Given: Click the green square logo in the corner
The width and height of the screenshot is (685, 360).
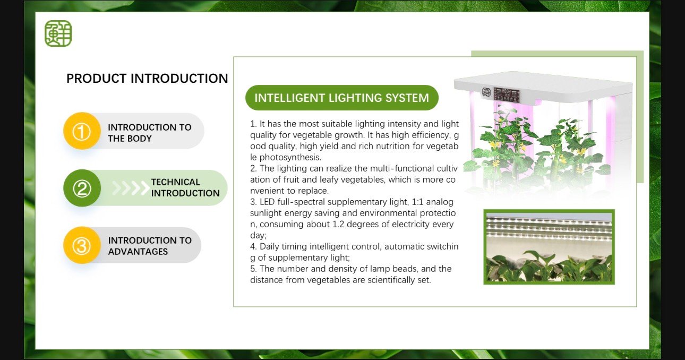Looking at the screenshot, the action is pos(58,33).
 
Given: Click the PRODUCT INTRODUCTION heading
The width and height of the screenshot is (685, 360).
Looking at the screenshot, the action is pos(147,79).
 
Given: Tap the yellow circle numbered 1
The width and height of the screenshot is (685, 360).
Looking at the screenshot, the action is pos(82,131).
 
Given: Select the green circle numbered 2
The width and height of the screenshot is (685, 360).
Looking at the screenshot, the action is pos(82,188).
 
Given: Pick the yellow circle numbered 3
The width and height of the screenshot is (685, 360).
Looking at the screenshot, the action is pos(82,245).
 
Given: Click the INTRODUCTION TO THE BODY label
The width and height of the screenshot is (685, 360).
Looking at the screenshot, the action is pos(150,133).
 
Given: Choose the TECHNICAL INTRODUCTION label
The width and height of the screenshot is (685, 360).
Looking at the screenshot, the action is pos(185,187).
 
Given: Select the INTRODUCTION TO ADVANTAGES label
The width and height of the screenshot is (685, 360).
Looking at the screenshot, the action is pos(150,246).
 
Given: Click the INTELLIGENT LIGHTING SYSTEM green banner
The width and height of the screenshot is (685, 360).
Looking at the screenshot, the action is pos(342,98).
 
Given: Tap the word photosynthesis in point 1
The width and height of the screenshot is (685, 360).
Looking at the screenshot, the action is pos(290,158).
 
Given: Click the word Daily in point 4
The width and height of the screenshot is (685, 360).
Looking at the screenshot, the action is pos(269,246).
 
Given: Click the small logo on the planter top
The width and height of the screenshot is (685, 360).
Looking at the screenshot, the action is pos(486,92).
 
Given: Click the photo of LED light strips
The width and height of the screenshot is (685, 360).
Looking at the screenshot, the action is pos(549,247).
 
